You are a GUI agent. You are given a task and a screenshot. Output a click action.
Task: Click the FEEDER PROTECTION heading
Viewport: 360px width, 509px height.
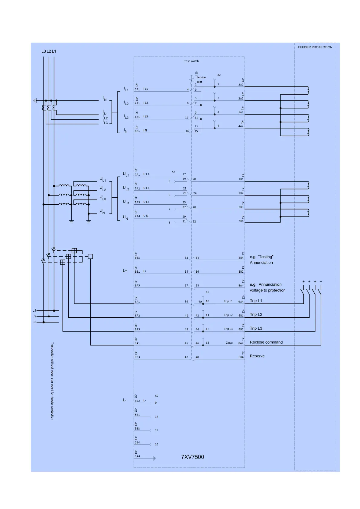tap(315, 47)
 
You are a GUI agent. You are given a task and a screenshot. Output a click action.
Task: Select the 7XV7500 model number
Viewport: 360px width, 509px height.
tap(193, 457)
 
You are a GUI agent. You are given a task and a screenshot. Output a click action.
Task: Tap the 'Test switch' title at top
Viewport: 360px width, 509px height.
tap(191, 61)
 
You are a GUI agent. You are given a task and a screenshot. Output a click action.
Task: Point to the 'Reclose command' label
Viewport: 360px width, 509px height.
tap(266, 342)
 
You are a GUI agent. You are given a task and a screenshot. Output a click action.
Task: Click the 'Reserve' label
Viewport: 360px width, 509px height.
tap(257, 356)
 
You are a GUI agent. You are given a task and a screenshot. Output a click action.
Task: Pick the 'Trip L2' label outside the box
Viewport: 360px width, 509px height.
tap(256, 314)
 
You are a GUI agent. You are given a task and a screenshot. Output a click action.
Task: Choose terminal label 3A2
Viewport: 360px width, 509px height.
tap(241, 85)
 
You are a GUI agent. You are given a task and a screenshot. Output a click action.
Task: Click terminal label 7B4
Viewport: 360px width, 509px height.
tap(241, 221)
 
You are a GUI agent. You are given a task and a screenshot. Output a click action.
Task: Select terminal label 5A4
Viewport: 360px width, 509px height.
tap(137, 456)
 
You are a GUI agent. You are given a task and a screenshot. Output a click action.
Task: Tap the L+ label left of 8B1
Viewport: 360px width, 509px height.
tap(125, 271)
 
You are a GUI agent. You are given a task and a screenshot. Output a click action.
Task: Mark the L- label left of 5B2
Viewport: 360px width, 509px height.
tap(125, 400)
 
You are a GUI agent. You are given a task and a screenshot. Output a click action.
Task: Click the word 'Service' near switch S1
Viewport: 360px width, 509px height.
tap(201, 77)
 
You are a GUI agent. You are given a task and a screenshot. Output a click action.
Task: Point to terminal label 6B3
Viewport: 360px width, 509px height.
tap(137, 357)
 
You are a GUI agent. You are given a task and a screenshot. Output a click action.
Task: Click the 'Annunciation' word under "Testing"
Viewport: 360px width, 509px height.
tap(261, 262)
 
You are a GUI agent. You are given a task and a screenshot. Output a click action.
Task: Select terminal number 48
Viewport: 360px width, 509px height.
tap(197, 357)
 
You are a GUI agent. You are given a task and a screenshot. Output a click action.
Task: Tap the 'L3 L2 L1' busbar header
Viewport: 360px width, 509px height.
tap(49, 51)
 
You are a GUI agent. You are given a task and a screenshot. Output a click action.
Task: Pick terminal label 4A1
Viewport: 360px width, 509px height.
tap(137, 131)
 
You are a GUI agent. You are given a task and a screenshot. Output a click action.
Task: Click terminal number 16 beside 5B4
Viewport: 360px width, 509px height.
tap(157, 444)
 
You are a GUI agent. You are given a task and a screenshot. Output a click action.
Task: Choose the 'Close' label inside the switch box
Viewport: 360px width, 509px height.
tap(229, 343)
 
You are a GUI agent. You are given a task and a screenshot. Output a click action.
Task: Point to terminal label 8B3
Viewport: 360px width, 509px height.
tap(137, 258)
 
